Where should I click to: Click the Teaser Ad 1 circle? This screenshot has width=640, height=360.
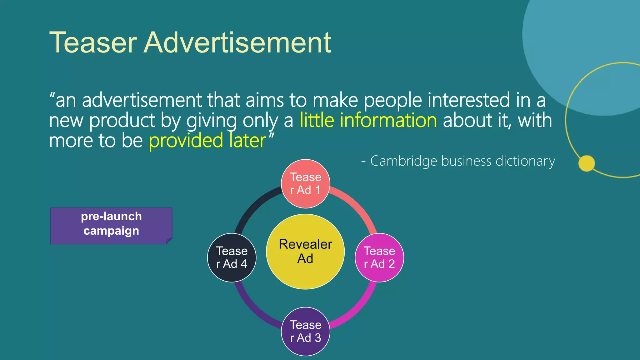[x=305, y=184]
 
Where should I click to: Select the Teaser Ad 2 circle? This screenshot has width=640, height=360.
[x=379, y=257]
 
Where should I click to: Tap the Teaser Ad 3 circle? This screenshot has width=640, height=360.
[x=305, y=331]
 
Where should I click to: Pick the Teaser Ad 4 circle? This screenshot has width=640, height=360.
[x=232, y=257]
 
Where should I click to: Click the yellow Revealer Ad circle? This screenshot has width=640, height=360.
[x=305, y=252]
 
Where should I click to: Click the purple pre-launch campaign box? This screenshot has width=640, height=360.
[x=111, y=226]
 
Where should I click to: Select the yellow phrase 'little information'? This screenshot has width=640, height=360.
[x=368, y=120]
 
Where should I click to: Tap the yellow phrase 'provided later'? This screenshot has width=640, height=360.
[x=207, y=141]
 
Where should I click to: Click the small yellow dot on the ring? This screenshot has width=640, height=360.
[x=587, y=163]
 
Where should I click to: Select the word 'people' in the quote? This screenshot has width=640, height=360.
[x=392, y=101]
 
